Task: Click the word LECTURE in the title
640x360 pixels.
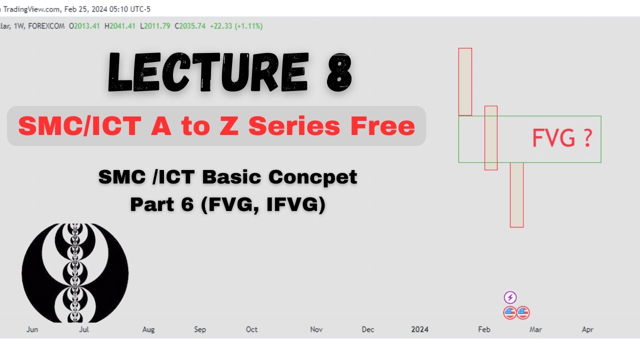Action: [x=207, y=73]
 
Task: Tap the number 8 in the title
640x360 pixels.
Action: [x=339, y=73]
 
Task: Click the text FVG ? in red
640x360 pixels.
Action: [x=562, y=138]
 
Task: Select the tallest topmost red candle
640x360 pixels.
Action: [x=465, y=81]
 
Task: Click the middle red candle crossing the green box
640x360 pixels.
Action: [x=491, y=138]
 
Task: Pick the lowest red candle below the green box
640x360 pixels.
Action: [x=516, y=194]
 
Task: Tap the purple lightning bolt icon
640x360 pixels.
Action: [x=510, y=298]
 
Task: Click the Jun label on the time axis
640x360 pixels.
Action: [x=32, y=329]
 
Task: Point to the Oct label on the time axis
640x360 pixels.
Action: [x=251, y=329]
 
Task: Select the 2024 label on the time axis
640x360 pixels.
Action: [x=419, y=329]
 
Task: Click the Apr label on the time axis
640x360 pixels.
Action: [x=587, y=329]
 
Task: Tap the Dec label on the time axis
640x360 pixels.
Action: [x=368, y=329]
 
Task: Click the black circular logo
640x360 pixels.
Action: [x=75, y=273]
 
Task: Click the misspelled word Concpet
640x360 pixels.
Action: [x=313, y=177]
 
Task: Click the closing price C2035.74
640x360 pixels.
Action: [x=190, y=26]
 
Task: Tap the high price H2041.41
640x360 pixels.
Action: [x=120, y=26]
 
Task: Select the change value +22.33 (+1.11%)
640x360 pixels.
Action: [x=236, y=26]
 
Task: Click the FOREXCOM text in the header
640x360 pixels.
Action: [x=46, y=26]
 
